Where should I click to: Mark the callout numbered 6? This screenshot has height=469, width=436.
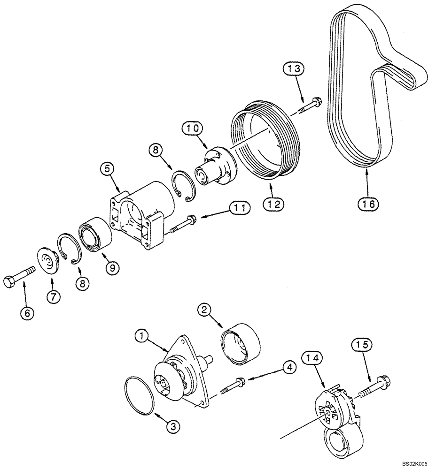point(27,313)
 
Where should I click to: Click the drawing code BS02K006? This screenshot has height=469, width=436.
point(413,463)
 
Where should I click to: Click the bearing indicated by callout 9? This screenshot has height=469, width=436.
point(97,234)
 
